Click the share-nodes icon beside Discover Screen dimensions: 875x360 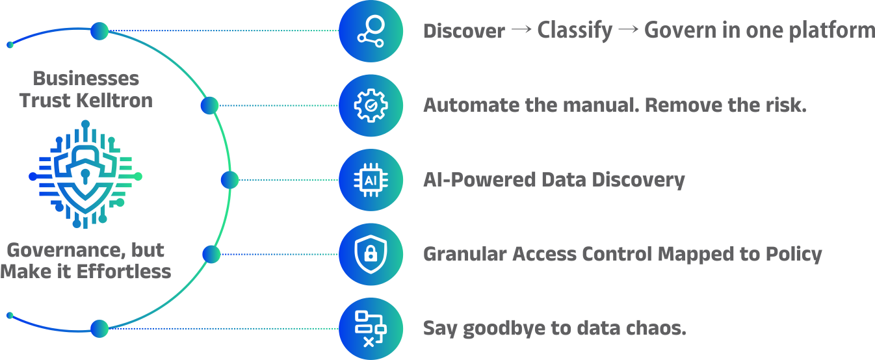[371, 31]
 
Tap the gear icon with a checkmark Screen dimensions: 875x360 [371, 105]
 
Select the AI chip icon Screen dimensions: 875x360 [371, 180]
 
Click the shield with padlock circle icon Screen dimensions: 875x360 [371, 254]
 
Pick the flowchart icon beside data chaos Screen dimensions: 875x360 [371, 329]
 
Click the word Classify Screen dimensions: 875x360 [575, 31]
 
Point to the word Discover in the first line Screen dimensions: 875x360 [464, 31]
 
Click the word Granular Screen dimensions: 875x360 [465, 254]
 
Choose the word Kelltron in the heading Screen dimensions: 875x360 [114, 101]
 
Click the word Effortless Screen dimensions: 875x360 [124, 272]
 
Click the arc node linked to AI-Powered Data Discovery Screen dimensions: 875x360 [229, 180]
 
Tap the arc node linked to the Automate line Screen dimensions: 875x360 [210, 105]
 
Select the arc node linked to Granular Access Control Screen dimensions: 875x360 [211, 255]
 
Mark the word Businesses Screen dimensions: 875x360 [86, 79]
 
